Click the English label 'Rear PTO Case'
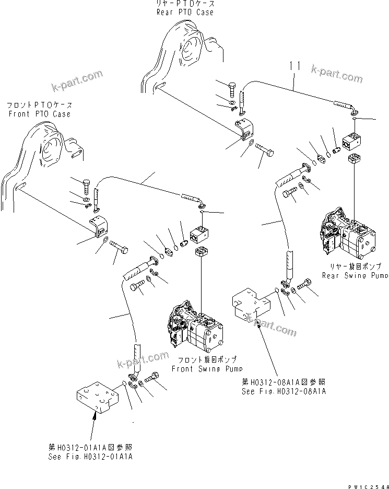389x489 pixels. [x=185, y=12]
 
